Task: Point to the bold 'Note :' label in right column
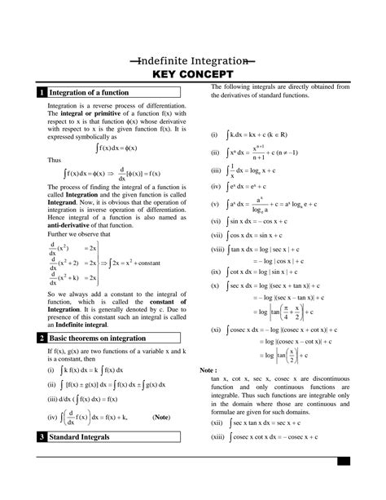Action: click(208, 370)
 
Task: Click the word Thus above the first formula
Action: click(55, 161)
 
